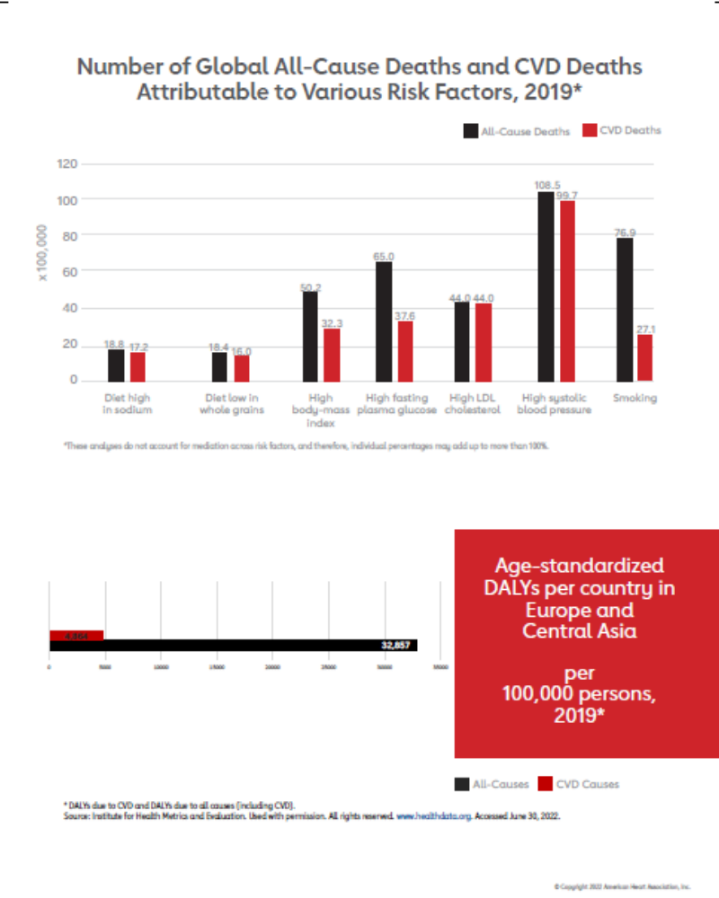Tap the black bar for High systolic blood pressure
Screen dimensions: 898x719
[x=545, y=287]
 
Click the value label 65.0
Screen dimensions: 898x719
[x=384, y=256]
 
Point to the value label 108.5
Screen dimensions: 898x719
[x=546, y=186]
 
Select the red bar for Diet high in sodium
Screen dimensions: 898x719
[x=137, y=366]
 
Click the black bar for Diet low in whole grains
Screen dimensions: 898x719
[x=219, y=365]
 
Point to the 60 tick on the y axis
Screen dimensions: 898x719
[x=71, y=271]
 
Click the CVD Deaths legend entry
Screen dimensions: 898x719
[x=622, y=130]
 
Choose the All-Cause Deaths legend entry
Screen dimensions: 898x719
[x=517, y=130]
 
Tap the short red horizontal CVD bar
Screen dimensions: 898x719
[x=76, y=635]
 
